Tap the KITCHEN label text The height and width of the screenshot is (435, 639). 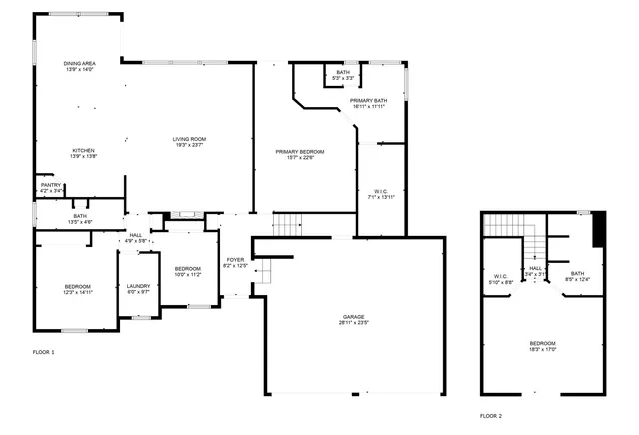pyautogui.click(x=83, y=151)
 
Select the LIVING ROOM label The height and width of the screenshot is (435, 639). pyautogui.click(x=189, y=139)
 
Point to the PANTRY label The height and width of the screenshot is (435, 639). pyautogui.click(x=51, y=185)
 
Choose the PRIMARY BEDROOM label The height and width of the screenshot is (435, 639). pyautogui.click(x=301, y=151)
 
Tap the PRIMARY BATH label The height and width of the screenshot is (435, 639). pyautogui.click(x=367, y=100)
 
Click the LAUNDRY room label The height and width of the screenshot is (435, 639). pyautogui.click(x=138, y=286)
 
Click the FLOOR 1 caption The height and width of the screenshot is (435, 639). pyautogui.click(x=44, y=352)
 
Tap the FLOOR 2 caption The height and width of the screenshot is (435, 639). pyautogui.click(x=490, y=415)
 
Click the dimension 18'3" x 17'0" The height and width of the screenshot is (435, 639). pyautogui.click(x=543, y=349)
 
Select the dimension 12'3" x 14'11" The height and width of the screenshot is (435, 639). pyautogui.click(x=77, y=292)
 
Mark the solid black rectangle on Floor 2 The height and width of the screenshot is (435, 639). pyautogui.click(x=599, y=231)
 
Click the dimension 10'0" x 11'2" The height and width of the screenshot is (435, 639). pyautogui.click(x=188, y=274)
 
